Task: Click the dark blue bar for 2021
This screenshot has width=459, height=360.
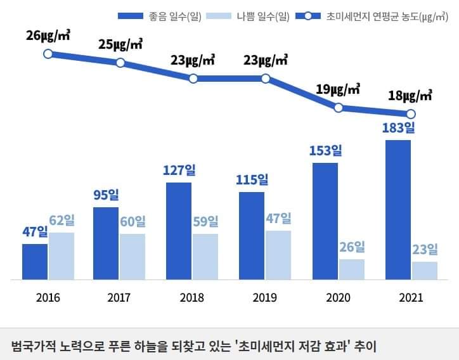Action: coord(398,209)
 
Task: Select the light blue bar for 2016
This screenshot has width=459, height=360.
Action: coord(61,255)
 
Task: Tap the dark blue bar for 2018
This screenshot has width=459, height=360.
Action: coord(179,231)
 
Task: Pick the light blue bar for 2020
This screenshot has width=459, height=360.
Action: coord(352,269)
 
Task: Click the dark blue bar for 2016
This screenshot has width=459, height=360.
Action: coord(35,261)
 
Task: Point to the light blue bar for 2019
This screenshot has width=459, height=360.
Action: coord(278,255)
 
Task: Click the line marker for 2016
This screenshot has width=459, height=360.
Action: coord(48,54)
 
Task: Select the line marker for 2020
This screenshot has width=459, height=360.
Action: coord(339,108)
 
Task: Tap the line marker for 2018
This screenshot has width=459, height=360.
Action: coord(193,79)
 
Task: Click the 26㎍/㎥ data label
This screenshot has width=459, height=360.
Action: coord(48,35)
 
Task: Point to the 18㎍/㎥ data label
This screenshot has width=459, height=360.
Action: coord(410,96)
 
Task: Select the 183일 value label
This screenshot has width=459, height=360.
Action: coord(398,128)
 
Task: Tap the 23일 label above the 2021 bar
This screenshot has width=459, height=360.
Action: coord(425,249)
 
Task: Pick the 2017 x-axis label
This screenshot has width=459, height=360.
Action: coord(119,297)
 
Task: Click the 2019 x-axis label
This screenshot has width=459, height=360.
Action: coord(265,297)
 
